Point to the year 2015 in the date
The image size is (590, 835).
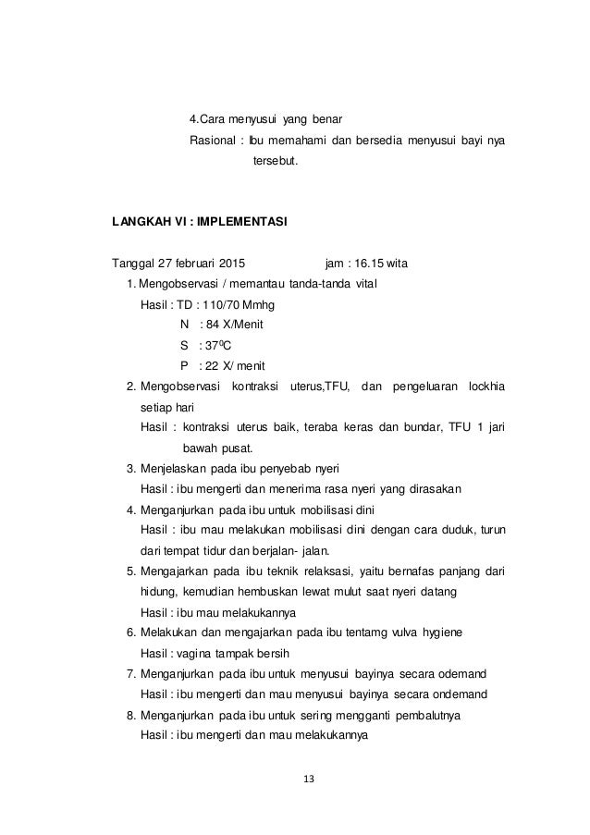coord(240,263)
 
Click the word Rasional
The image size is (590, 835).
coord(211,141)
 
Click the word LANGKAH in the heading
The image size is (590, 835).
coord(140,222)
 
